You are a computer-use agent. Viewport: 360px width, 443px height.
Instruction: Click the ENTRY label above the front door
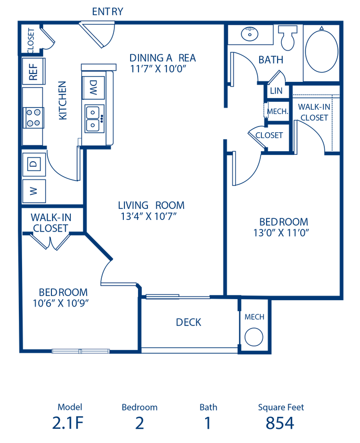[108, 12]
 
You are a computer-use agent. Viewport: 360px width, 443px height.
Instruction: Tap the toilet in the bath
[288, 38]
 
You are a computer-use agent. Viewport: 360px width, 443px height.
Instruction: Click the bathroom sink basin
[250, 34]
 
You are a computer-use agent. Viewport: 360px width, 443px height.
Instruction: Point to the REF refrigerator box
[34, 71]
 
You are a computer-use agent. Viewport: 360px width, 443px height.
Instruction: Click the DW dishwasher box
[93, 87]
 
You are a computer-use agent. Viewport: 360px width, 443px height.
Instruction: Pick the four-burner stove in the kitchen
[34, 118]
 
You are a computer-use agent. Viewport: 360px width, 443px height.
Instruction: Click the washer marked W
[34, 191]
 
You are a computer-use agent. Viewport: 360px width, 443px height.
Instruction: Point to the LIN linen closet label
[276, 91]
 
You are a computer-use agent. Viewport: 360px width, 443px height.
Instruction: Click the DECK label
[188, 322]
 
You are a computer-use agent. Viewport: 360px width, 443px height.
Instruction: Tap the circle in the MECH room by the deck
[254, 337]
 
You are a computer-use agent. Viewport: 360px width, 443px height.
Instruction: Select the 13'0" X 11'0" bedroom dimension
[281, 233]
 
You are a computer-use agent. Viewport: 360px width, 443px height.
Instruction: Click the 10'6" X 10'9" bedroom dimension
[61, 303]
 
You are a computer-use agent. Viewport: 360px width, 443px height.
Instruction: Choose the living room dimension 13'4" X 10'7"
[149, 216]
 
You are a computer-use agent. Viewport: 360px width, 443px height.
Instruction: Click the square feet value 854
[280, 423]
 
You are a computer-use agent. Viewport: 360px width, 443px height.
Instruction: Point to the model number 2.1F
[68, 423]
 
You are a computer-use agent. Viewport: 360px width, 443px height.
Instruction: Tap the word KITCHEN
[62, 101]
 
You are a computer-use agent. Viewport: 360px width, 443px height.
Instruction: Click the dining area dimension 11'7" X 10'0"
[158, 69]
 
